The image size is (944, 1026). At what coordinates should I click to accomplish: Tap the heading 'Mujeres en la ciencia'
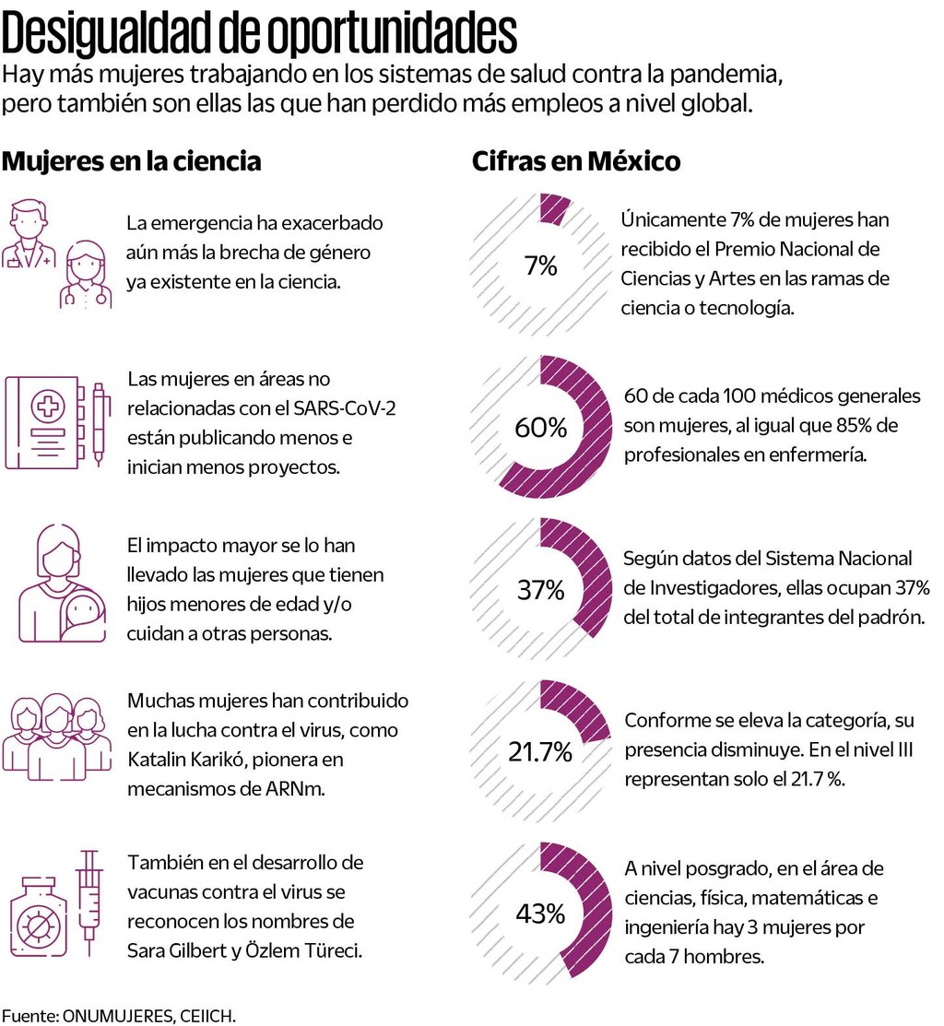tap(132, 161)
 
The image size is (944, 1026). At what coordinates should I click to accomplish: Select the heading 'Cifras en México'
tap(576, 161)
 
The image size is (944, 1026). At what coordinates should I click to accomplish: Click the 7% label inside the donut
tap(540, 266)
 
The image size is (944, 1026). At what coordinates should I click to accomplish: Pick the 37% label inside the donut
tap(540, 590)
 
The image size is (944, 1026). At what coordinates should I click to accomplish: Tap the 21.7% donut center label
tap(540, 751)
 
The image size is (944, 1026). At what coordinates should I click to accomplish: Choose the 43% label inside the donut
tap(540, 914)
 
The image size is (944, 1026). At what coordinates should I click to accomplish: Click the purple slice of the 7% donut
tap(554, 209)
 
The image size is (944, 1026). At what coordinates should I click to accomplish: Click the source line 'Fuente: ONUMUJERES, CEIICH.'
tap(118, 1016)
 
